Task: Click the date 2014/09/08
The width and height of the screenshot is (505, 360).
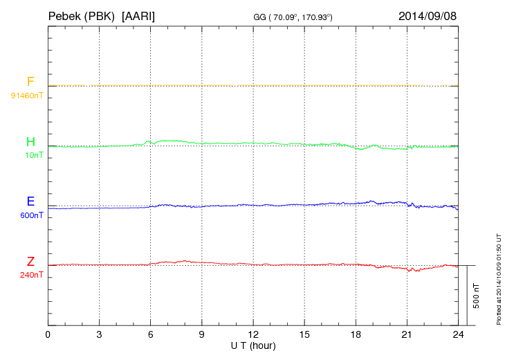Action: (428, 15)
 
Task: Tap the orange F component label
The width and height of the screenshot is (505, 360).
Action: (30, 82)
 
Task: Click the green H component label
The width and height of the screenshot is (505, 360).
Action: (30, 142)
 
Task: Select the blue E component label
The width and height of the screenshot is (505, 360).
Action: (30, 201)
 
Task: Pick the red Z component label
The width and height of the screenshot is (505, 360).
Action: (30, 262)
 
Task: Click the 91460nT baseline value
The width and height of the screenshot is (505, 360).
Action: (27, 95)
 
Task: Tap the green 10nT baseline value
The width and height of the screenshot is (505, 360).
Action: (34, 155)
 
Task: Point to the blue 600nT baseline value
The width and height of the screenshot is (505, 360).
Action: (32, 215)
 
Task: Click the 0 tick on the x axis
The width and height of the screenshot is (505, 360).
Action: (48, 335)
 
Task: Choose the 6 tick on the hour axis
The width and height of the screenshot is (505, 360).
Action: (151, 335)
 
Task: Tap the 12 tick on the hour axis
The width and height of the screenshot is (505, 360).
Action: (253, 335)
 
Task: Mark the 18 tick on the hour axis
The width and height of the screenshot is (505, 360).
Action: (356, 335)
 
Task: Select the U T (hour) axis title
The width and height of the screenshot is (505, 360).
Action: (253, 345)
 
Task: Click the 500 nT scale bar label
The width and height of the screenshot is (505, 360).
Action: (476, 295)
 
